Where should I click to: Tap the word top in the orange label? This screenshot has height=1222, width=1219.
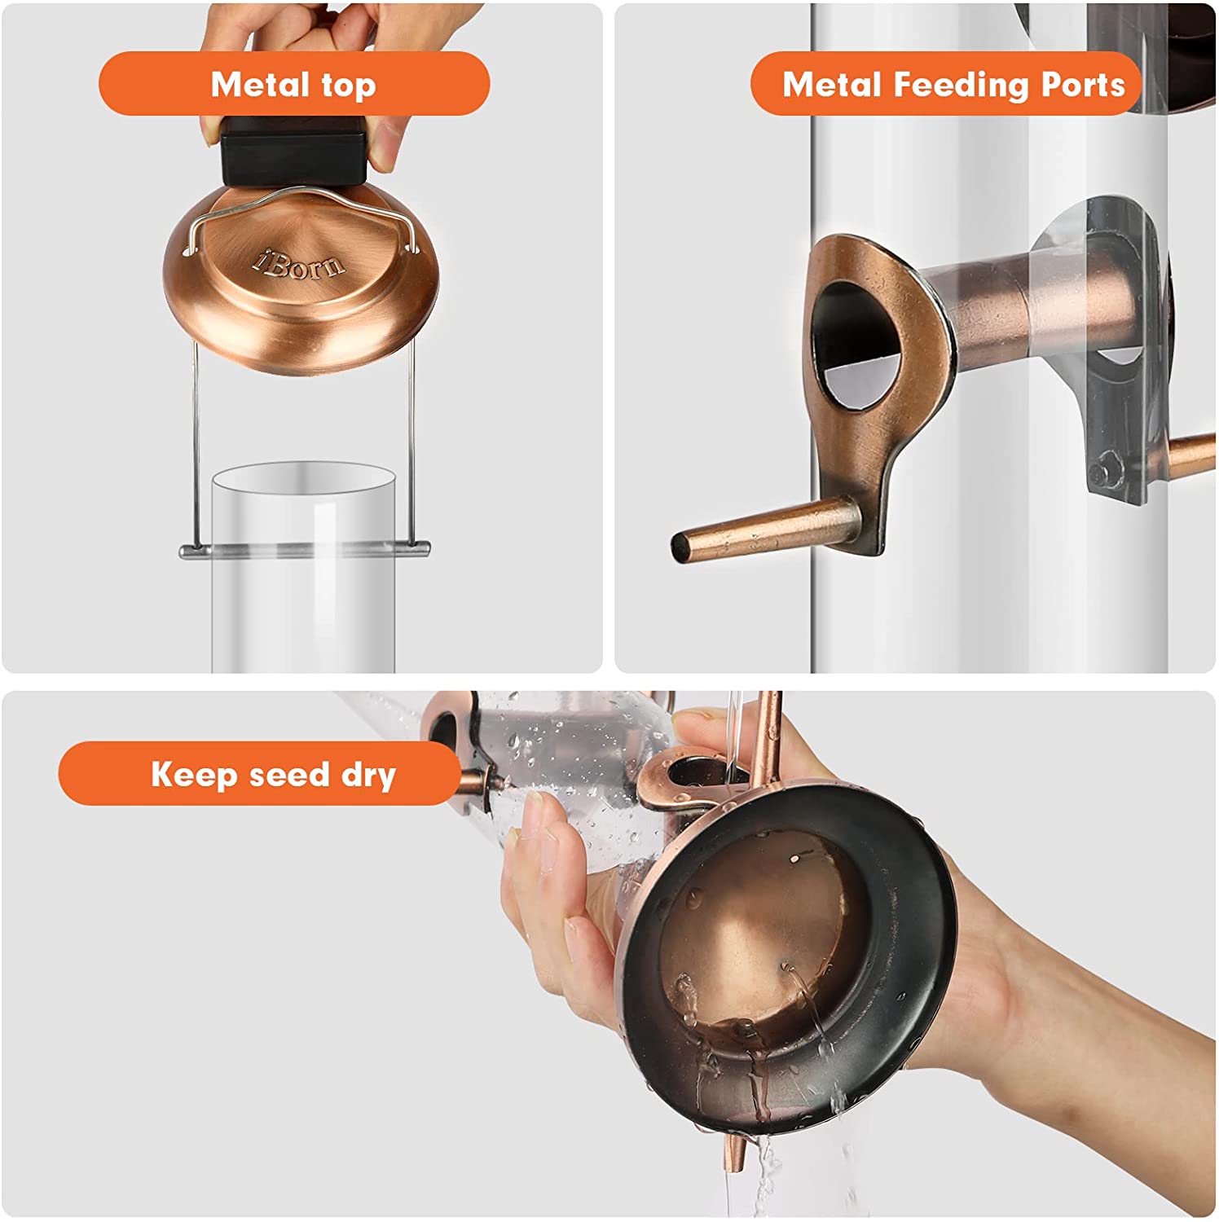point(348,86)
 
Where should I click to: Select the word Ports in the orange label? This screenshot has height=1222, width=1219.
point(1083,85)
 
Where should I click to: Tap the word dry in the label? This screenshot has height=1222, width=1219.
point(368,776)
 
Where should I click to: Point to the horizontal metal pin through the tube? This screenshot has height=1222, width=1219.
point(305,551)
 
